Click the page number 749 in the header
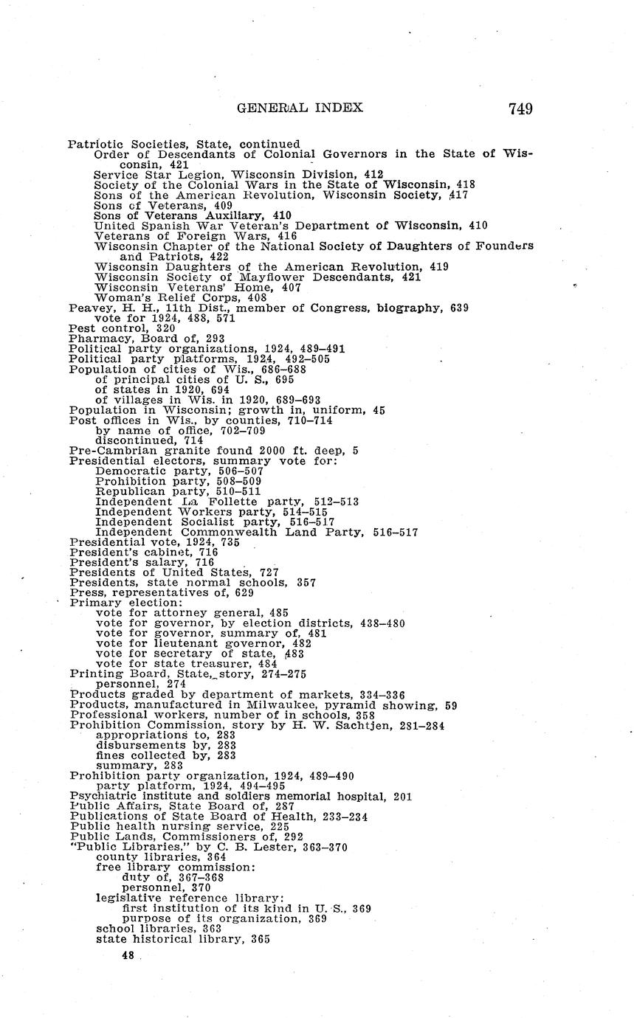point(520,108)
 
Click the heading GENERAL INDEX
point(300,108)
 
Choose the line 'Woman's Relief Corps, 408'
point(162,297)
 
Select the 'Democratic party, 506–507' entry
point(179,471)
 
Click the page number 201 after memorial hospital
point(402,796)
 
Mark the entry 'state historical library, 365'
point(183,939)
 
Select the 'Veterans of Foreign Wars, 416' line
point(196,236)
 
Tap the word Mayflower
point(279,277)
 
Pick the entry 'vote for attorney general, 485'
point(192,612)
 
